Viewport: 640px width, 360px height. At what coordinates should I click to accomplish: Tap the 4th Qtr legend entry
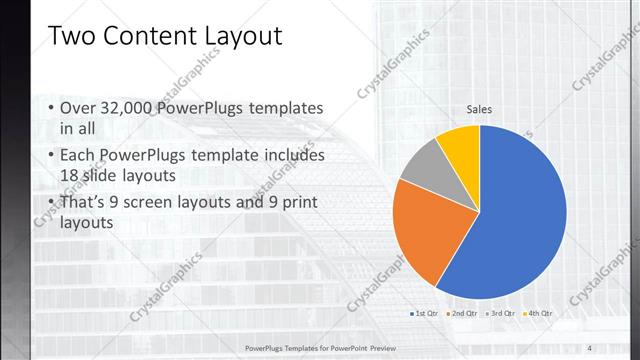(x=539, y=313)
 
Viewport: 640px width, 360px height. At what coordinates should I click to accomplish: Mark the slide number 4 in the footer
(x=589, y=347)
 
